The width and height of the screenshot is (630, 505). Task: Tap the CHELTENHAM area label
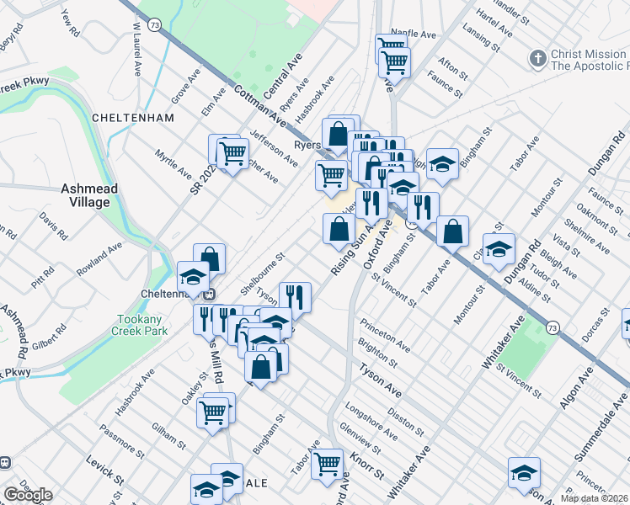[x=133, y=118]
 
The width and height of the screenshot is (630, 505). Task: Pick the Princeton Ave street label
[x=385, y=335]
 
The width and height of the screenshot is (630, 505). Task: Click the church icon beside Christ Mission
[x=537, y=59]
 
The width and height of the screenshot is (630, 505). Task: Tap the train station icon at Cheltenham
[x=207, y=294]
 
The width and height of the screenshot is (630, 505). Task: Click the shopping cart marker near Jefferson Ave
[x=232, y=152]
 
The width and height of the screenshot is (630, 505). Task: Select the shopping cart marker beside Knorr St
[x=327, y=462]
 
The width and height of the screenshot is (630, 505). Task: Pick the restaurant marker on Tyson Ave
[x=295, y=295]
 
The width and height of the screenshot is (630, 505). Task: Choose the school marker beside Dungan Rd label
[x=499, y=247]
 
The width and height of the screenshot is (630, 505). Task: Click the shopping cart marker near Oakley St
[x=213, y=412]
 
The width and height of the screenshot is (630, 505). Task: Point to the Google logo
[x=28, y=495]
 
